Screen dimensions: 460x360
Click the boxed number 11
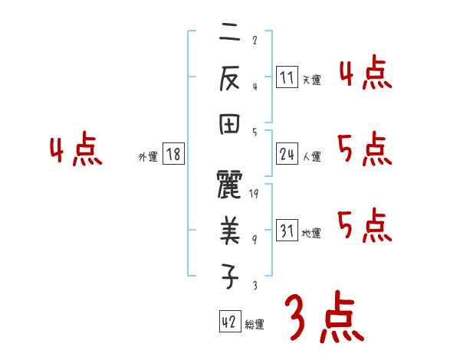click(x=287, y=77)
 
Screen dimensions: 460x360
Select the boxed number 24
click(x=287, y=155)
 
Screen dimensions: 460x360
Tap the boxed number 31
click(x=287, y=231)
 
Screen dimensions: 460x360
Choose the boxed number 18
click(x=173, y=155)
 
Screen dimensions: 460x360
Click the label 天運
click(x=311, y=79)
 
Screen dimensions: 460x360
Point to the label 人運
click(x=311, y=157)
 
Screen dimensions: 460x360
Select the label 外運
click(x=148, y=157)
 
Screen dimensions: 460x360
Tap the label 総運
click(x=255, y=324)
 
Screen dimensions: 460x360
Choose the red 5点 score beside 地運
click(x=365, y=226)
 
